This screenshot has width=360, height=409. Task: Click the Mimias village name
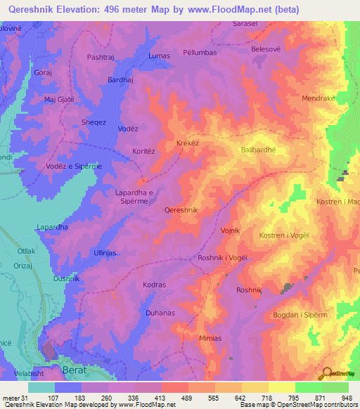pyautogui.click(x=210, y=338)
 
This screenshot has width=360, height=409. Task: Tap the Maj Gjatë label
pyautogui.click(x=59, y=99)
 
